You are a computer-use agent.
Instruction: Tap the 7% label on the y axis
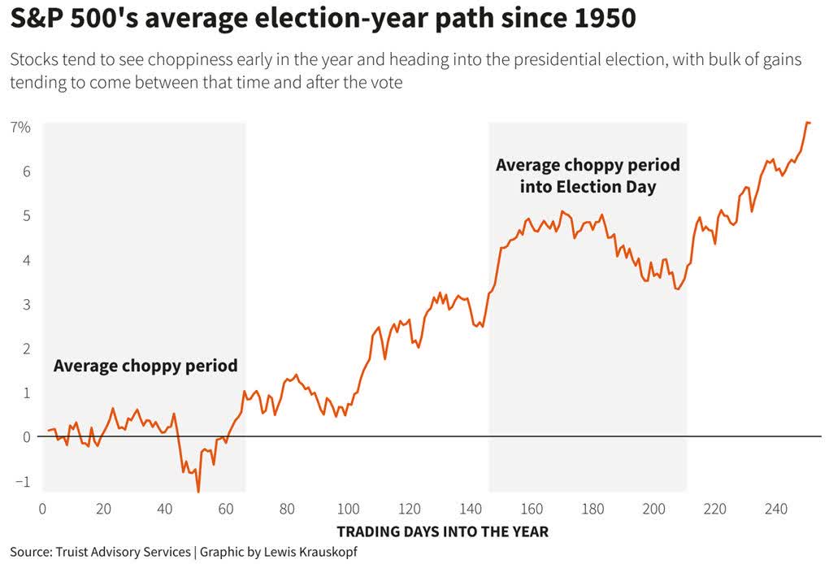coord(20,128)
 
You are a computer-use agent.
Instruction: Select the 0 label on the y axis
coord(26,437)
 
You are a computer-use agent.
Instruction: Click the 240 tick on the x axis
coord(776,510)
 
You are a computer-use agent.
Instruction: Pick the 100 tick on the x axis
coord(348,510)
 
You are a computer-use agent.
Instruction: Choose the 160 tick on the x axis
coord(532,510)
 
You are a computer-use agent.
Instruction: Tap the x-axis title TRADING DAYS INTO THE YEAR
coord(442,532)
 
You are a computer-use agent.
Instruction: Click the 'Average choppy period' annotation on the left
coord(145,366)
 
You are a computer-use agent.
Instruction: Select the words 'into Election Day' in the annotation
coord(588,187)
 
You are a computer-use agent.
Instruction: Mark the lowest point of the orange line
coord(198,491)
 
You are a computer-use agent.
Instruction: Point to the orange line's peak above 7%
coord(807,123)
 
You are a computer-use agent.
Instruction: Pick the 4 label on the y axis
coord(26,260)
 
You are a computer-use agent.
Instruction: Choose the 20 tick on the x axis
coord(103,510)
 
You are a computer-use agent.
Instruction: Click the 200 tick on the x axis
coord(653,510)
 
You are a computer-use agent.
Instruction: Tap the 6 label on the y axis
coord(26,172)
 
